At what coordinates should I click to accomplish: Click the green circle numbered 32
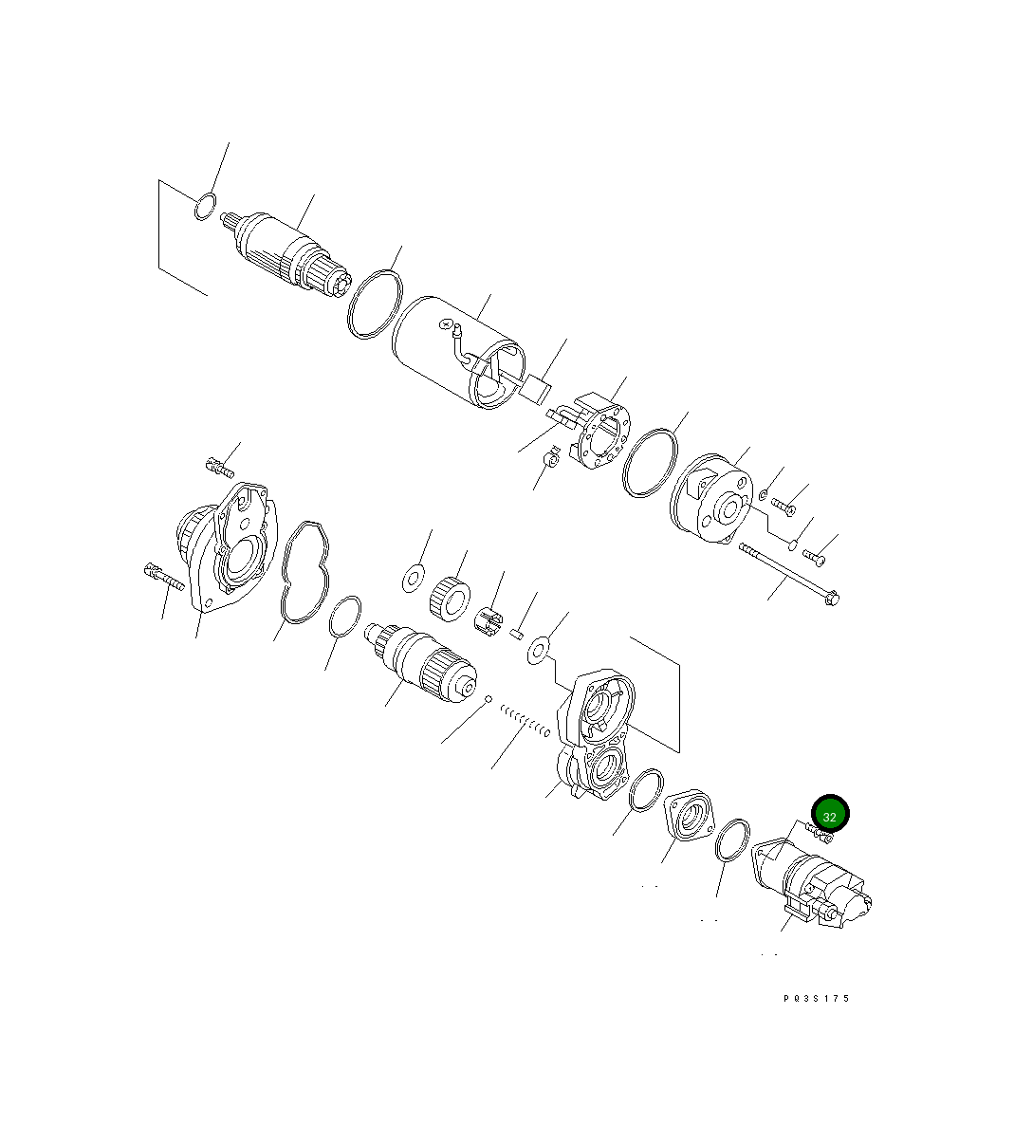pyautogui.click(x=830, y=814)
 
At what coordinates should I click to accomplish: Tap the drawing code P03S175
pyautogui.click(x=817, y=998)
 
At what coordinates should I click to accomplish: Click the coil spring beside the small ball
pyautogui.click(x=525, y=719)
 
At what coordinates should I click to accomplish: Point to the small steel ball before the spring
pyautogui.click(x=488, y=701)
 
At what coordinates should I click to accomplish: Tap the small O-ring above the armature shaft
pyautogui.click(x=204, y=206)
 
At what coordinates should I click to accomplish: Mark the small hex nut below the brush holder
pyautogui.click(x=548, y=462)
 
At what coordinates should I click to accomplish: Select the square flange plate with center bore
pyautogui.click(x=691, y=815)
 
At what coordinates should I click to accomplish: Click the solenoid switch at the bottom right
pyautogui.click(x=816, y=882)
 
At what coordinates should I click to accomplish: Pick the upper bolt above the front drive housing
pyautogui.click(x=219, y=466)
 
